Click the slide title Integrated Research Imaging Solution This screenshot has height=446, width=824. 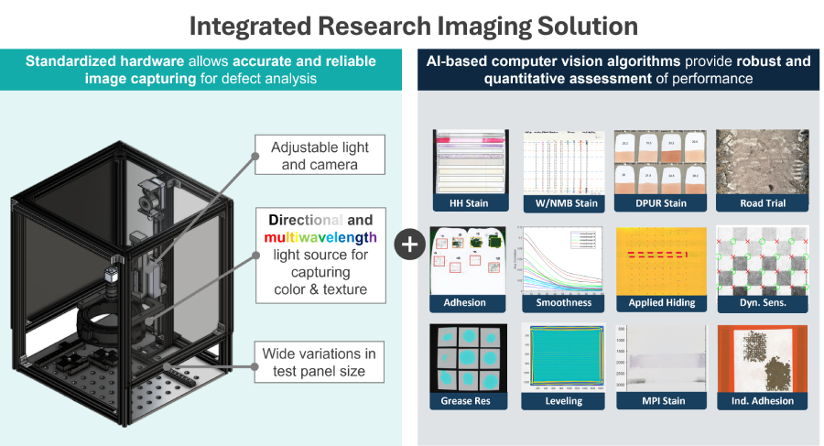coord(411,24)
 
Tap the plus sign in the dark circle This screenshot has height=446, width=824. coord(408,244)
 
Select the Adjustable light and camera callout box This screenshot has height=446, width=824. coord(314,156)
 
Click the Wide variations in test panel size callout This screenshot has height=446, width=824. coord(319,363)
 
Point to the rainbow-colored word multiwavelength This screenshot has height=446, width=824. coord(320,237)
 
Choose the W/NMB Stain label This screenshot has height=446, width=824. coord(558,203)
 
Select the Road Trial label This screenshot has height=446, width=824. coord(750,203)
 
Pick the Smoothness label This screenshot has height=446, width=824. coord(558,301)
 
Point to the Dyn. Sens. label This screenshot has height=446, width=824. coord(750,301)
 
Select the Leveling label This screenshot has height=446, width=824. coord(558,400)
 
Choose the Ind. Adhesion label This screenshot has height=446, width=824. coord(750,400)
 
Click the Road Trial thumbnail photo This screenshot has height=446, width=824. coord(750,160)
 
